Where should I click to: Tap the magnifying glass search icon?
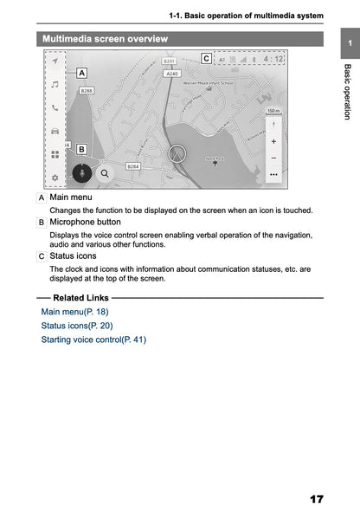(x=105, y=172)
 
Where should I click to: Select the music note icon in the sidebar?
(x=55, y=85)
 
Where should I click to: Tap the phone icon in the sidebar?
(x=55, y=108)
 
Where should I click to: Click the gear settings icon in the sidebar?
(x=55, y=178)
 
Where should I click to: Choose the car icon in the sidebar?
(x=55, y=132)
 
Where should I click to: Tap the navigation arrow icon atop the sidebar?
(x=55, y=62)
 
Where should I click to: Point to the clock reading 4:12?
(x=273, y=60)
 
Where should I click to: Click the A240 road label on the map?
(x=172, y=74)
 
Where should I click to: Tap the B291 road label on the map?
(x=170, y=61)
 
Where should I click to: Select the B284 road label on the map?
(x=133, y=165)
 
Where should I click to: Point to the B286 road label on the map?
(x=87, y=90)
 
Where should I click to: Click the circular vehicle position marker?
(x=178, y=155)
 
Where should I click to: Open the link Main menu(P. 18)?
(x=74, y=311)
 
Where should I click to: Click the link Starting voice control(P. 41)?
(x=93, y=340)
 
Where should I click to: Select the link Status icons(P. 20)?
(x=76, y=326)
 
